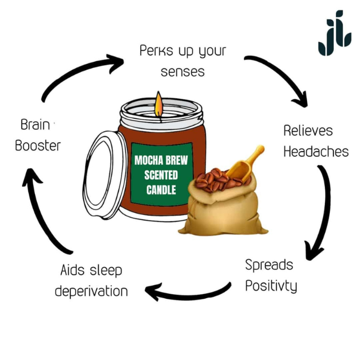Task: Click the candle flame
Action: point(158,104)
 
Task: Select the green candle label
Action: point(160,175)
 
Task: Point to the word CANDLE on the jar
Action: point(161,190)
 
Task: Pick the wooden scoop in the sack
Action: point(246,164)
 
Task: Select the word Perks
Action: point(155,51)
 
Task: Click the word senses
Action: point(183,71)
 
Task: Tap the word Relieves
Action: point(308,131)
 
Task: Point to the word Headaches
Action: point(316,152)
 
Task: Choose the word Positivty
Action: point(271,285)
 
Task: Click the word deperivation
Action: point(92,291)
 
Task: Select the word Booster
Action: point(38,146)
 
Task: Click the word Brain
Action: point(35,124)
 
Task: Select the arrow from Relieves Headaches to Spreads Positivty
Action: point(321,211)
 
